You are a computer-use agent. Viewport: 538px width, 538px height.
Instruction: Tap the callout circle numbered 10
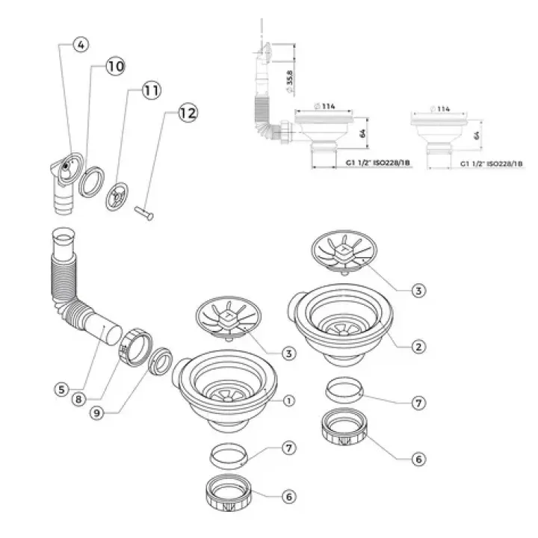pyautogui.click(x=114, y=67)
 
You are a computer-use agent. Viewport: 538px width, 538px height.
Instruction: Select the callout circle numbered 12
pyautogui.click(x=187, y=114)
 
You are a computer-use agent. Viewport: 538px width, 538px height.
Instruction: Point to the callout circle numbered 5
pyautogui.click(x=62, y=389)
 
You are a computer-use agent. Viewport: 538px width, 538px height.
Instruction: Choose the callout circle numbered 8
pyautogui.click(x=78, y=399)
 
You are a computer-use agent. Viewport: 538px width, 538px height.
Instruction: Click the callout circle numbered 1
pyautogui.click(x=289, y=401)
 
